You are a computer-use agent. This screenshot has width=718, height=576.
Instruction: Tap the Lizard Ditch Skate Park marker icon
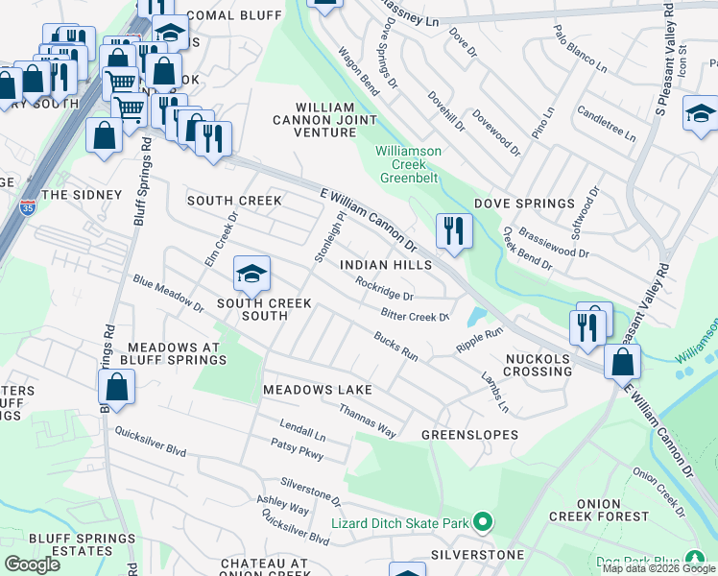tap(482, 522)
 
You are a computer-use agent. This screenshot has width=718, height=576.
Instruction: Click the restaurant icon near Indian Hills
tap(451, 229)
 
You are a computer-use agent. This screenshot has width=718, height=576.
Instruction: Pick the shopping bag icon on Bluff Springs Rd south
tap(116, 387)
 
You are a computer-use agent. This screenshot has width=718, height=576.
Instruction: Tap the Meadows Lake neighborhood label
tap(317, 391)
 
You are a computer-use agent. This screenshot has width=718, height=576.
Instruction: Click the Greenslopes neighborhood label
tap(469, 435)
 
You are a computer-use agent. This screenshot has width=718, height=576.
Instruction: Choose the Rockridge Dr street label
tap(384, 289)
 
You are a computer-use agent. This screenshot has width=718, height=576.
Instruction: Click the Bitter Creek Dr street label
tap(415, 313)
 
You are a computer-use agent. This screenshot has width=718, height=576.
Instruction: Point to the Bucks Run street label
tap(395, 347)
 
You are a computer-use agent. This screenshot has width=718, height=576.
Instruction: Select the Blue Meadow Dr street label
tap(169, 295)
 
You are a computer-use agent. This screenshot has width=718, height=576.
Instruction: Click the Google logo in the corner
tap(32, 564)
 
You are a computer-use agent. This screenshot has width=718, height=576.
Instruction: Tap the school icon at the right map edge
tap(700, 112)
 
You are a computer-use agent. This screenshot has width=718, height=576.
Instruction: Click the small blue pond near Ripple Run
tap(475, 316)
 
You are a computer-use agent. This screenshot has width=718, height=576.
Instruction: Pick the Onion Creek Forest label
tap(611, 510)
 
